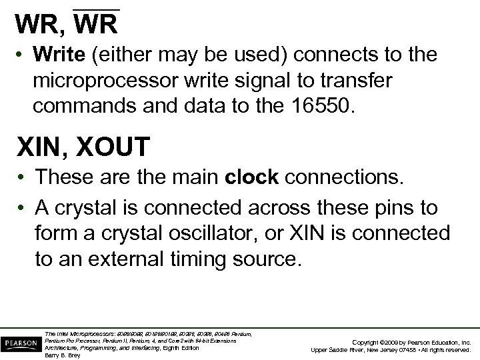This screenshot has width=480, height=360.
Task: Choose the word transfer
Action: click(x=365, y=80)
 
